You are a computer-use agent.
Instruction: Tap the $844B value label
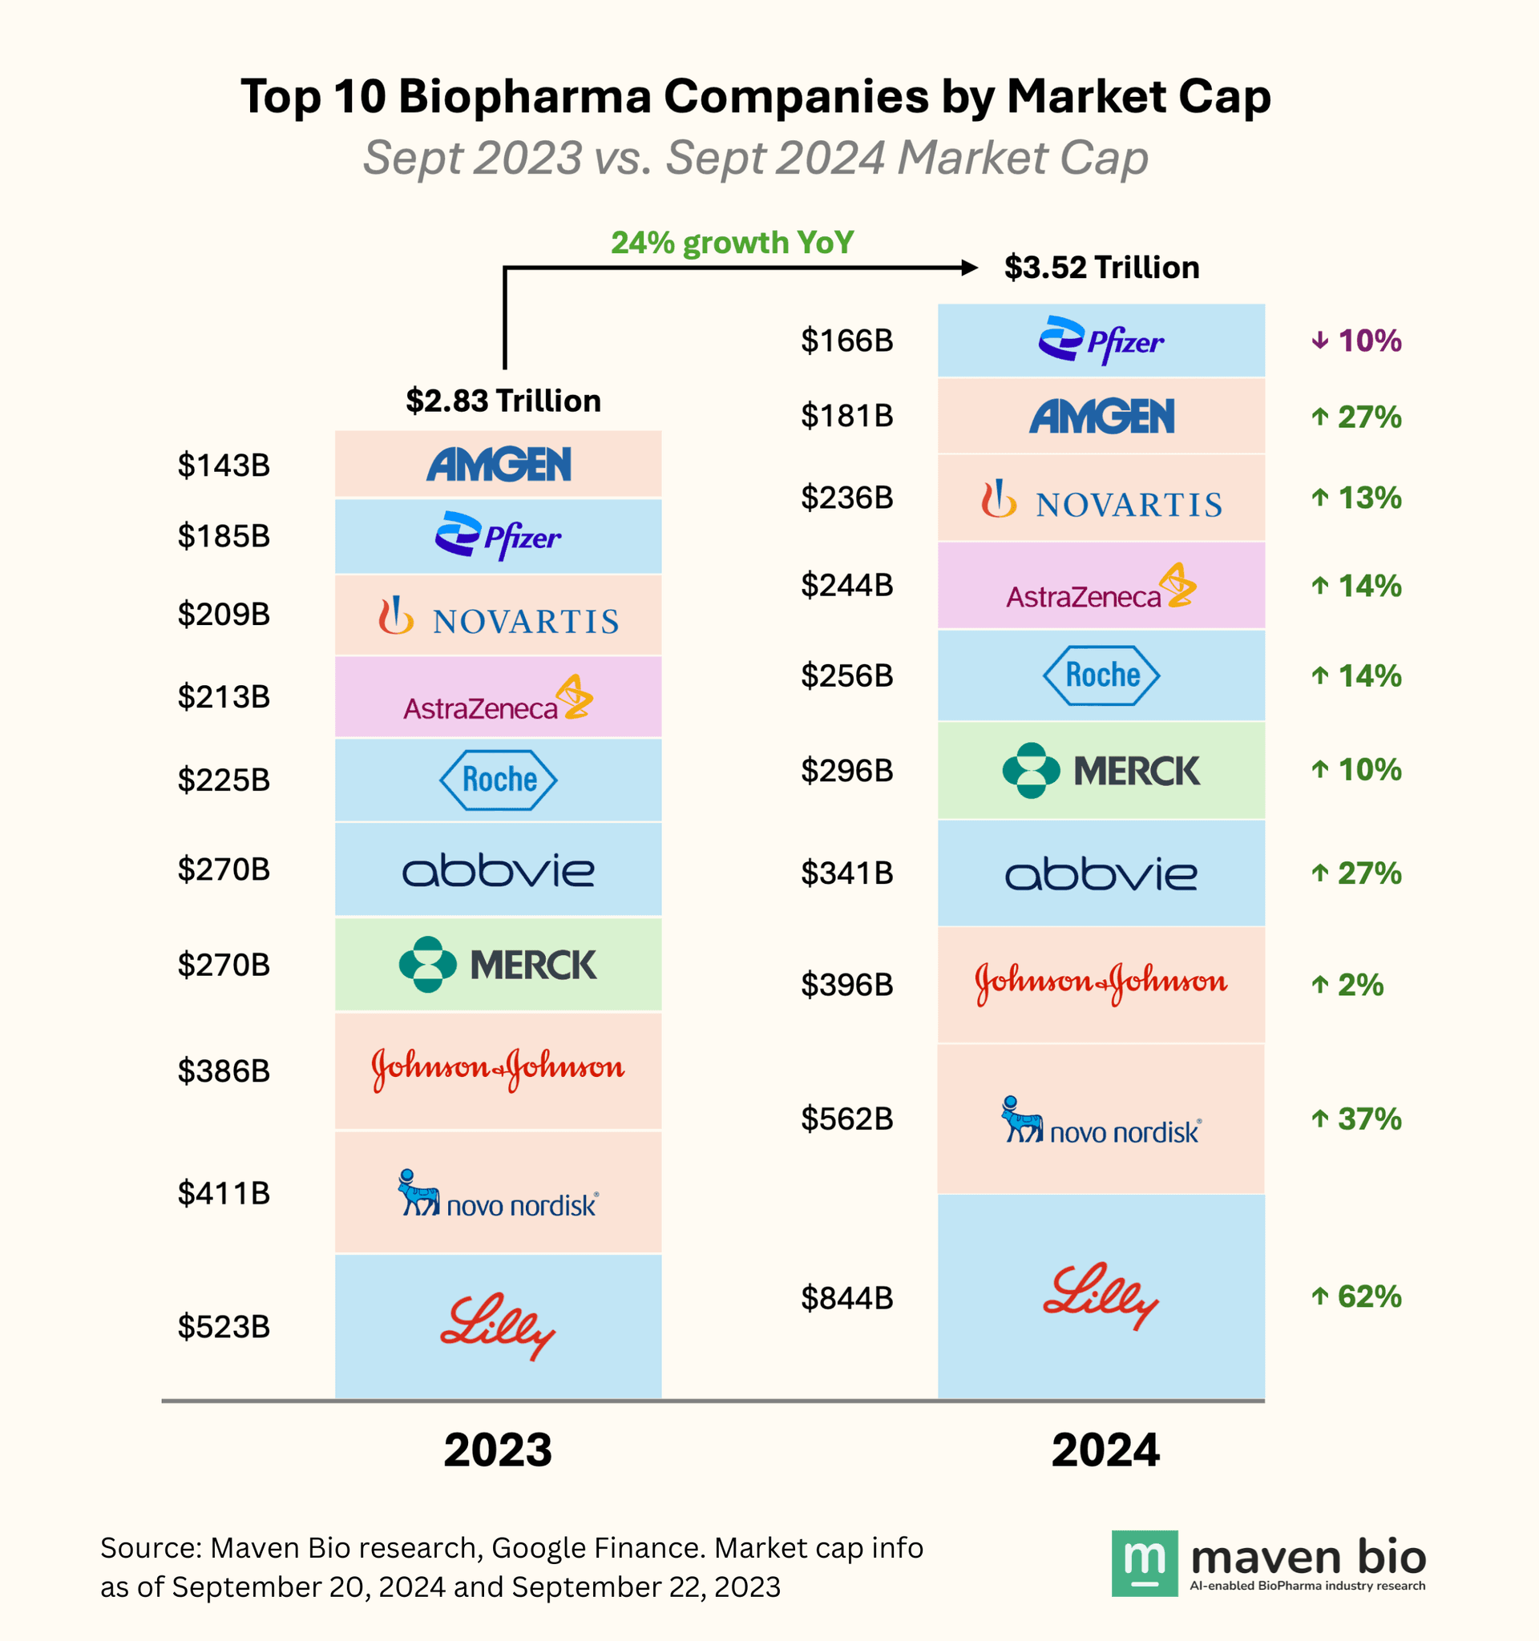pyautogui.click(x=847, y=1297)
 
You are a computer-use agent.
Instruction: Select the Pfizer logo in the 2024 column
pyautogui.click(x=1101, y=340)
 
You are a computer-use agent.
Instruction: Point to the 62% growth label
pyautogui.click(x=1369, y=1296)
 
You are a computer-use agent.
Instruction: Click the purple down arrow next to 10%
pyautogui.click(x=1320, y=340)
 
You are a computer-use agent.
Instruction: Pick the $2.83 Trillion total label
pyautogui.click(x=503, y=401)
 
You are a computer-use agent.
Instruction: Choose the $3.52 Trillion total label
pyautogui.click(x=1101, y=268)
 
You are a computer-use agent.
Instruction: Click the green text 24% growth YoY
pyautogui.click(x=733, y=243)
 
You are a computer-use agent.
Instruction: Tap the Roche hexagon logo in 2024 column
pyautogui.click(x=1101, y=675)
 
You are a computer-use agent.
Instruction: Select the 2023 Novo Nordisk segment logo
pyautogui.click(x=498, y=1193)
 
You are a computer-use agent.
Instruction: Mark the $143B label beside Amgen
pyautogui.click(x=224, y=466)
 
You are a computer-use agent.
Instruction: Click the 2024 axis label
pyautogui.click(x=1105, y=1450)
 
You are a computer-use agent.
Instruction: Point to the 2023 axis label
pyautogui.click(x=497, y=1450)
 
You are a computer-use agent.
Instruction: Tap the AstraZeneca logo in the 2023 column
pyautogui.click(x=498, y=699)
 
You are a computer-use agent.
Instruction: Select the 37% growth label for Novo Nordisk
pyautogui.click(x=1369, y=1119)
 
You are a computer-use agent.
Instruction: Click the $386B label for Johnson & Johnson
pyautogui.click(x=224, y=1070)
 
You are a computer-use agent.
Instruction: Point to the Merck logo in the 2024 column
pyautogui.click(x=1101, y=770)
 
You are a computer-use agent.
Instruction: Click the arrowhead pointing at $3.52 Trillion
pyautogui.click(x=969, y=268)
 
